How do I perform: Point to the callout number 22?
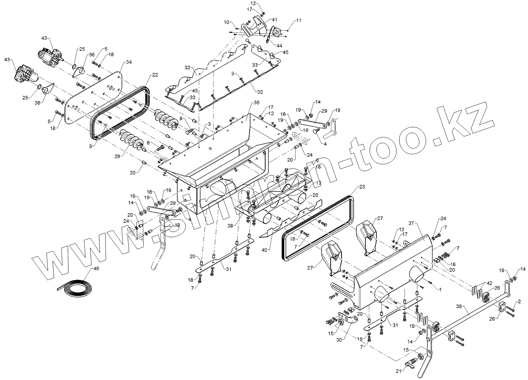[155, 75]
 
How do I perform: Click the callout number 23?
[362, 187]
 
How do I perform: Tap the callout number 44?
[279, 46]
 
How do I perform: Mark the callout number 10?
[226, 22]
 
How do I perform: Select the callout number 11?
[299, 20]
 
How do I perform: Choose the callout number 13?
[319, 182]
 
